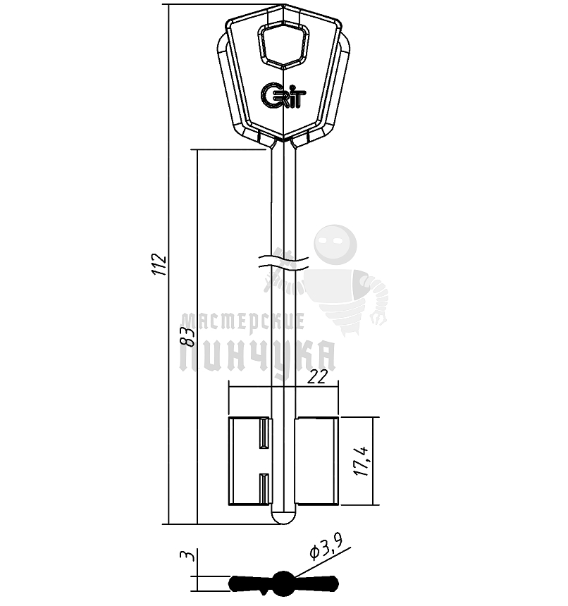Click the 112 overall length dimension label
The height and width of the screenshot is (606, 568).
coord(161,264)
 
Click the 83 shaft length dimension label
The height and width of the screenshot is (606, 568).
coord(187,336)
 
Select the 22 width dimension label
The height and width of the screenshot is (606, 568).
coord(319,378)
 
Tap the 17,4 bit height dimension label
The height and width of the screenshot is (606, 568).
coord(364,460)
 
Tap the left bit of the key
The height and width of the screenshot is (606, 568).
coord(248,461)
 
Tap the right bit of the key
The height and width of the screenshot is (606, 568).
coord(317,461)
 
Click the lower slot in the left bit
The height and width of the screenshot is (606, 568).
coord(265,488)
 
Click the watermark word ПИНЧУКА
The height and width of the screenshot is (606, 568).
coord(258,357)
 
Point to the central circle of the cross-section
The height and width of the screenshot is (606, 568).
coord(283,583)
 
